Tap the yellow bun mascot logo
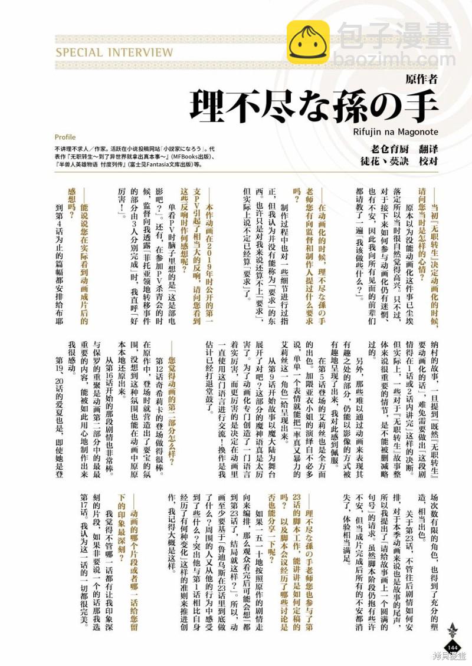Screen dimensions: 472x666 pos(308,41)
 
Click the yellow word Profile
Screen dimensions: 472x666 pos(65,137)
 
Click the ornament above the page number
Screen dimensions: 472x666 pos(453,631)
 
